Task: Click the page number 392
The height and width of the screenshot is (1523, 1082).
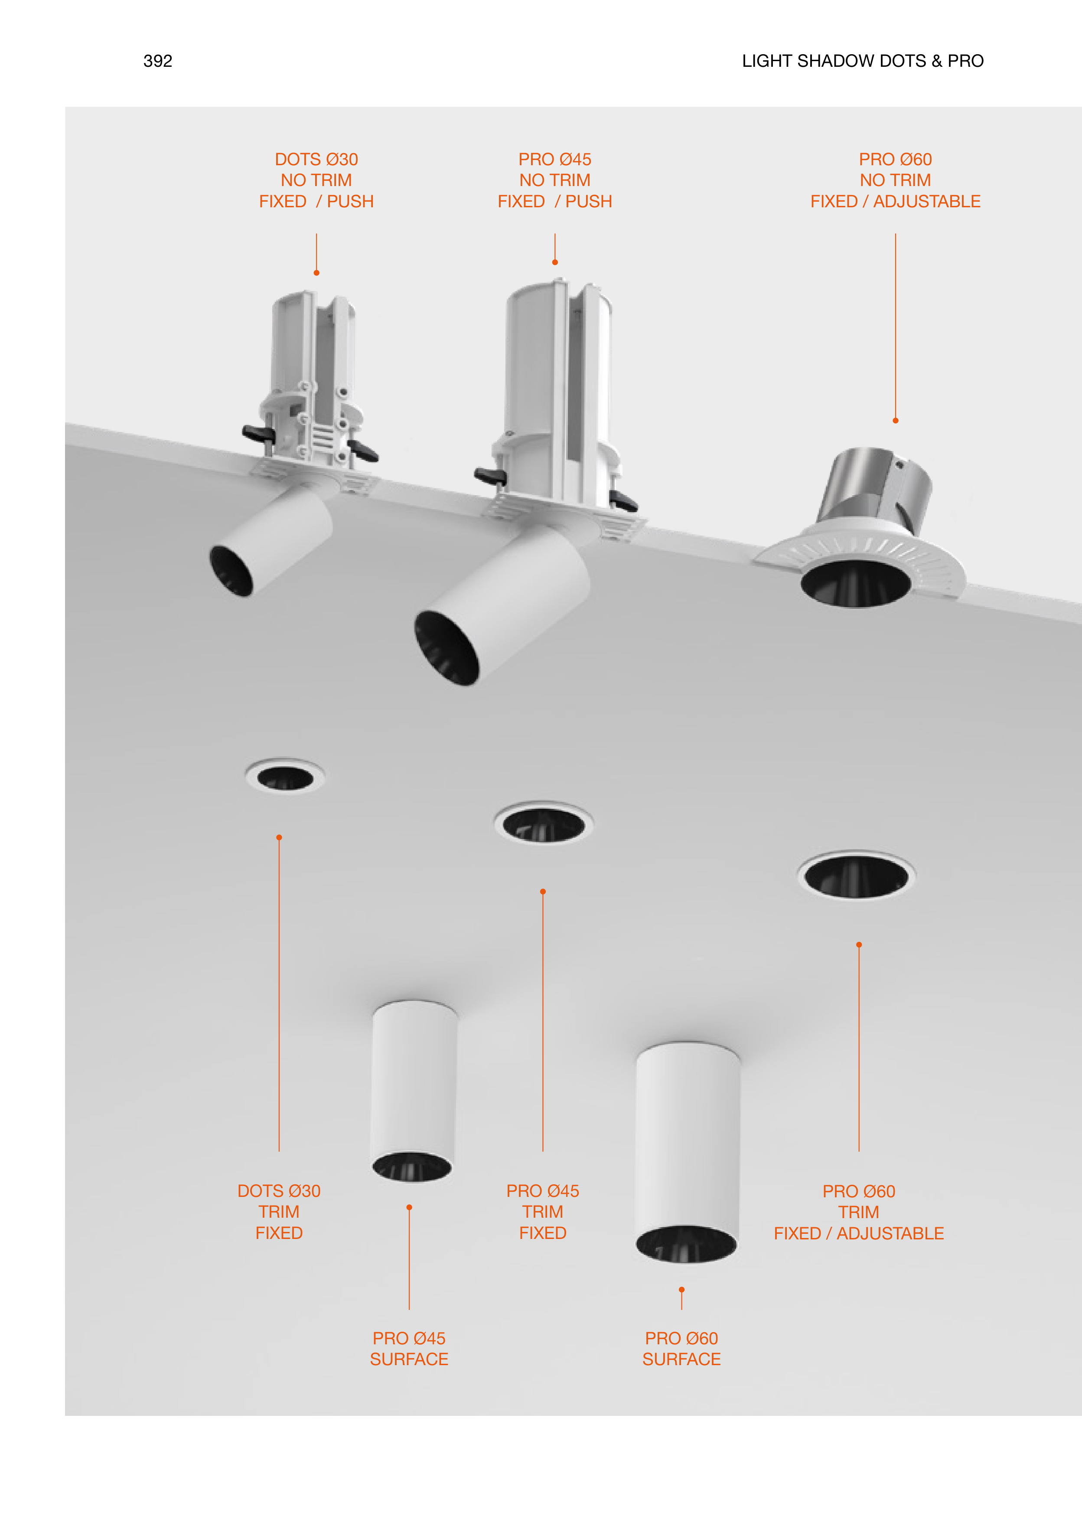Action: (x=158, y=61)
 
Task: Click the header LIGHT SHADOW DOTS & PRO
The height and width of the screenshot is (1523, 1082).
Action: (x=863, y=61)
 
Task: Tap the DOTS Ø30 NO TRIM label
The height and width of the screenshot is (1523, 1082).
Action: (x=316, y=180)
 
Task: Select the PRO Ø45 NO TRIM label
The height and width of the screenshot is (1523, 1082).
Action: (x=555, y=180)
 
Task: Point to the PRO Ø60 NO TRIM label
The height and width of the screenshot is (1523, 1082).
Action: (x=896, y=180)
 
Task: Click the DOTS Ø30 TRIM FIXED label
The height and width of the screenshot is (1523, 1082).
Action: (x=279, y=1212)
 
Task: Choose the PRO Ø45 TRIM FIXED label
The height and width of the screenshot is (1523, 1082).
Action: (x=543, y=1212)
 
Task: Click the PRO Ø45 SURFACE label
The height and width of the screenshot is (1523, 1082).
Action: (x=409, y=1349)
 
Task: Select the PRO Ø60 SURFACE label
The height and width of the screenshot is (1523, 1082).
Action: (x=681, y=1349)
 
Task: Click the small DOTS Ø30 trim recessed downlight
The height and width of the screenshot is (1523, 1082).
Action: (x=285, y=777)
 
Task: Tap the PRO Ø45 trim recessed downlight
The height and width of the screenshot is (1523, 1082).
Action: (x=544, y=823)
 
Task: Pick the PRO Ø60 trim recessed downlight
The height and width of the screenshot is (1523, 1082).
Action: (x=857, y=875)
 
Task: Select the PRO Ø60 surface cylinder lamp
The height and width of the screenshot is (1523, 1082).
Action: (x=688, y=1153)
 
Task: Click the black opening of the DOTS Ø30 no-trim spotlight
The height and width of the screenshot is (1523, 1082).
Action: (x=231, y=571)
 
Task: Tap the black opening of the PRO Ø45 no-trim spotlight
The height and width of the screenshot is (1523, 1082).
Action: (x=446, y=648)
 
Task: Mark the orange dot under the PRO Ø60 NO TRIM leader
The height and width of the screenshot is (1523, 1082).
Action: (x=896, y=421)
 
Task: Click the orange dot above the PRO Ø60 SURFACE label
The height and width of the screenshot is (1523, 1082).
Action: (x=681, y=1290)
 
